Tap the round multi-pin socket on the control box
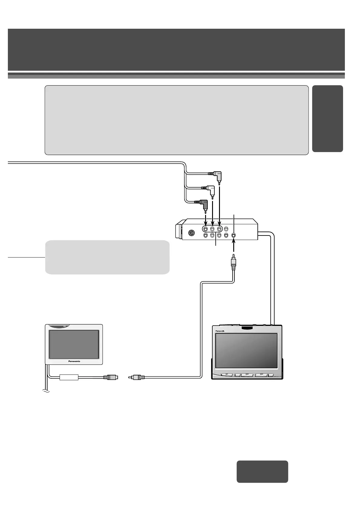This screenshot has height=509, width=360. [x=191, y=233]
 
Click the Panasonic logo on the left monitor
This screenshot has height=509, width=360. [x=74, y=361]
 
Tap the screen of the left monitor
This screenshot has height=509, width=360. [x=74, y=344]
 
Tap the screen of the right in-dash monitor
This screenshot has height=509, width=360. [x=247, y=351]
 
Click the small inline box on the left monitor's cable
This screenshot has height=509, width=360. [x=69, y=377]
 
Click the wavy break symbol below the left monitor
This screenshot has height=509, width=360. [x=46, y=391]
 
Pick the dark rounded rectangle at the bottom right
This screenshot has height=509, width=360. [x=262, y=472]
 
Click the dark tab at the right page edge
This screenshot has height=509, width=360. [x=328, y=118]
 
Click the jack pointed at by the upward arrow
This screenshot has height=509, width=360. [x=234, y=235]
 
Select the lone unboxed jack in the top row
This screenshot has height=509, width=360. [x=226, y=229]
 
